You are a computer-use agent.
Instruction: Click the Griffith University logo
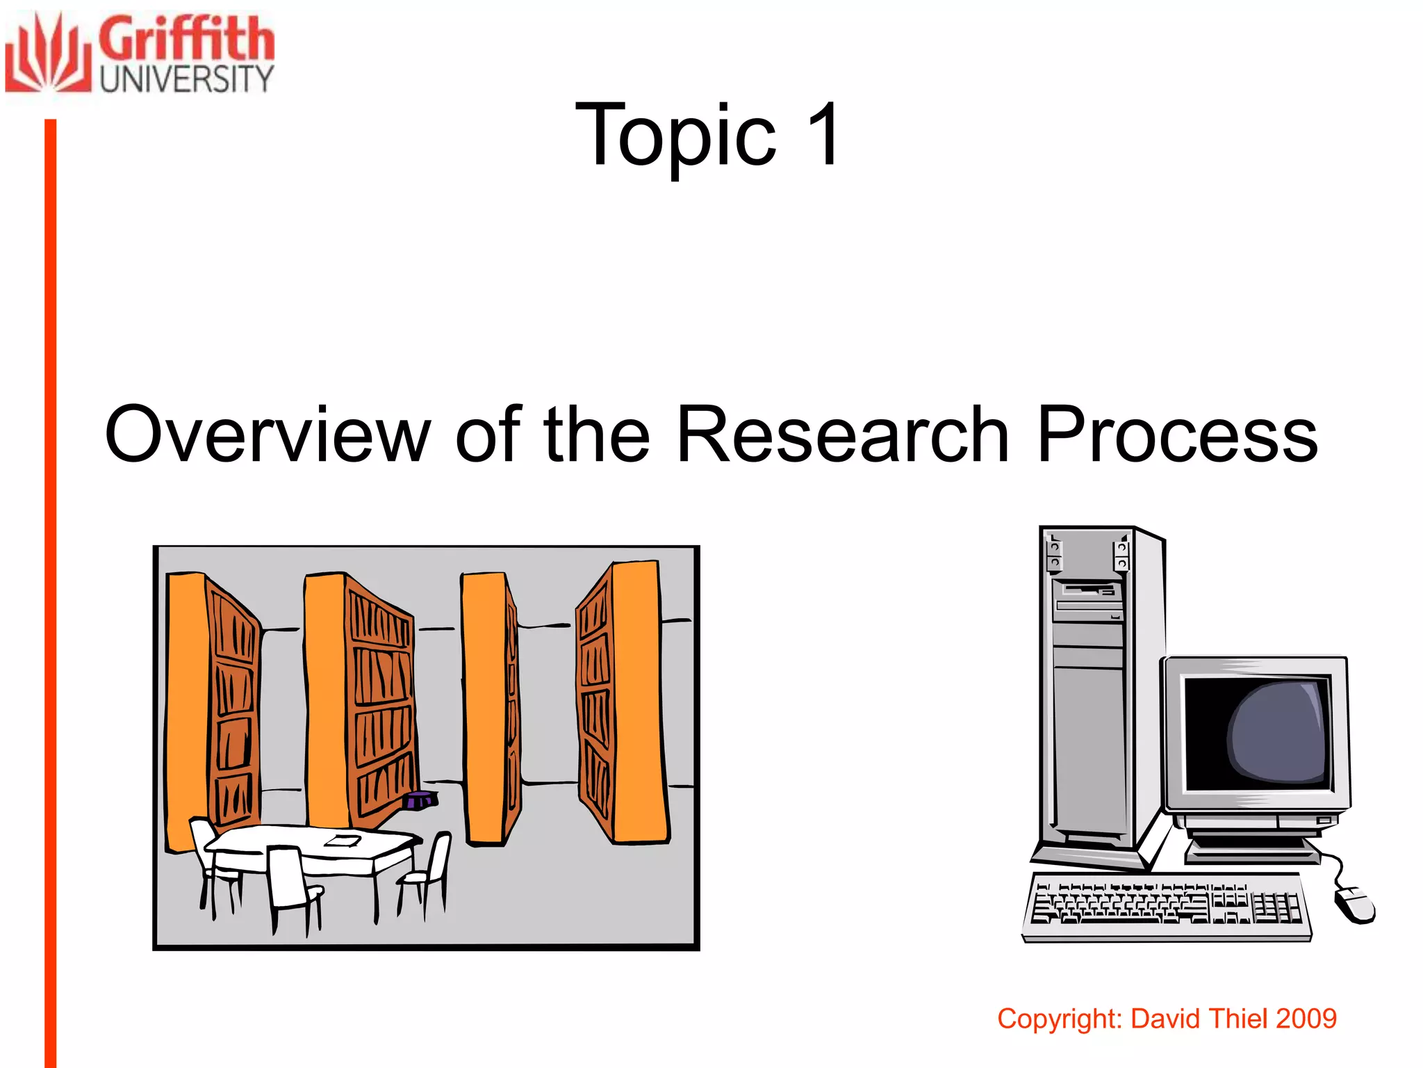click(x=139, y=54)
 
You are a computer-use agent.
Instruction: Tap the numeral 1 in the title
click(x=823, y=133)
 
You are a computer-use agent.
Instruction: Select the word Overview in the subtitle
click(x=268, y=435)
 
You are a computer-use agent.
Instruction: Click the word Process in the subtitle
click(x=1177, y=435)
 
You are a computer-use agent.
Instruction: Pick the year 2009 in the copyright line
click(x=1306, y=1019)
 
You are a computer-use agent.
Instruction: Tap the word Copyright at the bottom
click(x=1060, y=1019)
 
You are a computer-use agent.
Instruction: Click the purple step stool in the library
click(x=420, y=800)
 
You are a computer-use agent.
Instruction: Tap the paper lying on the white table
click(x=343, y=841)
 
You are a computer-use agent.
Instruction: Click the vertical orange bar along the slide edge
click(x=50, y=591)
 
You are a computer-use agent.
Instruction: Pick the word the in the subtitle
click(x=596, y=435)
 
